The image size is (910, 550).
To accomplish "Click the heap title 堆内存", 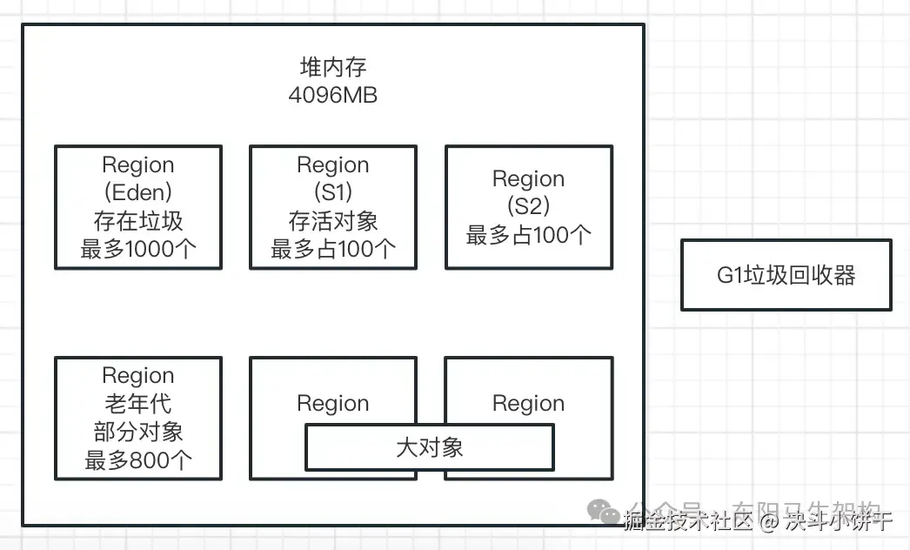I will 332,68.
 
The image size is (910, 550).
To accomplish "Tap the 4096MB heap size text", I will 332,95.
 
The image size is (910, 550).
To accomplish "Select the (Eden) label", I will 138,192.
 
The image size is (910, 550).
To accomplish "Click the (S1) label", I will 333,192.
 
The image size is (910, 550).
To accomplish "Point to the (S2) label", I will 528,207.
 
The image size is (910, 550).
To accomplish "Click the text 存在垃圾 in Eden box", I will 138,221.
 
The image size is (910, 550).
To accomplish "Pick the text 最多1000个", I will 138,250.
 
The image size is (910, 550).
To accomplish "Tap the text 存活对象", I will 333,221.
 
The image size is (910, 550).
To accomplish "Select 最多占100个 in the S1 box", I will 333,250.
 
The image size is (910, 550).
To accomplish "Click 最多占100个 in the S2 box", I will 528,235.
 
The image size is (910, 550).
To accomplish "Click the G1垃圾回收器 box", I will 786,276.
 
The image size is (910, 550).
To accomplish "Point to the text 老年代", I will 138,404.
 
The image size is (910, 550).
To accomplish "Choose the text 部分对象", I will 138,433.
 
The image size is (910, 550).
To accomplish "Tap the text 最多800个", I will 138,460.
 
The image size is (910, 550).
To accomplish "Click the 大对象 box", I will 429,447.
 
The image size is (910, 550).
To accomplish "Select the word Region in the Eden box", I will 138,164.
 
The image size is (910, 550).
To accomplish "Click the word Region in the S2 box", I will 528,178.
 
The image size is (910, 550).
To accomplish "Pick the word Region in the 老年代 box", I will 138,376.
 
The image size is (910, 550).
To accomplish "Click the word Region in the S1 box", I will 333,164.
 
